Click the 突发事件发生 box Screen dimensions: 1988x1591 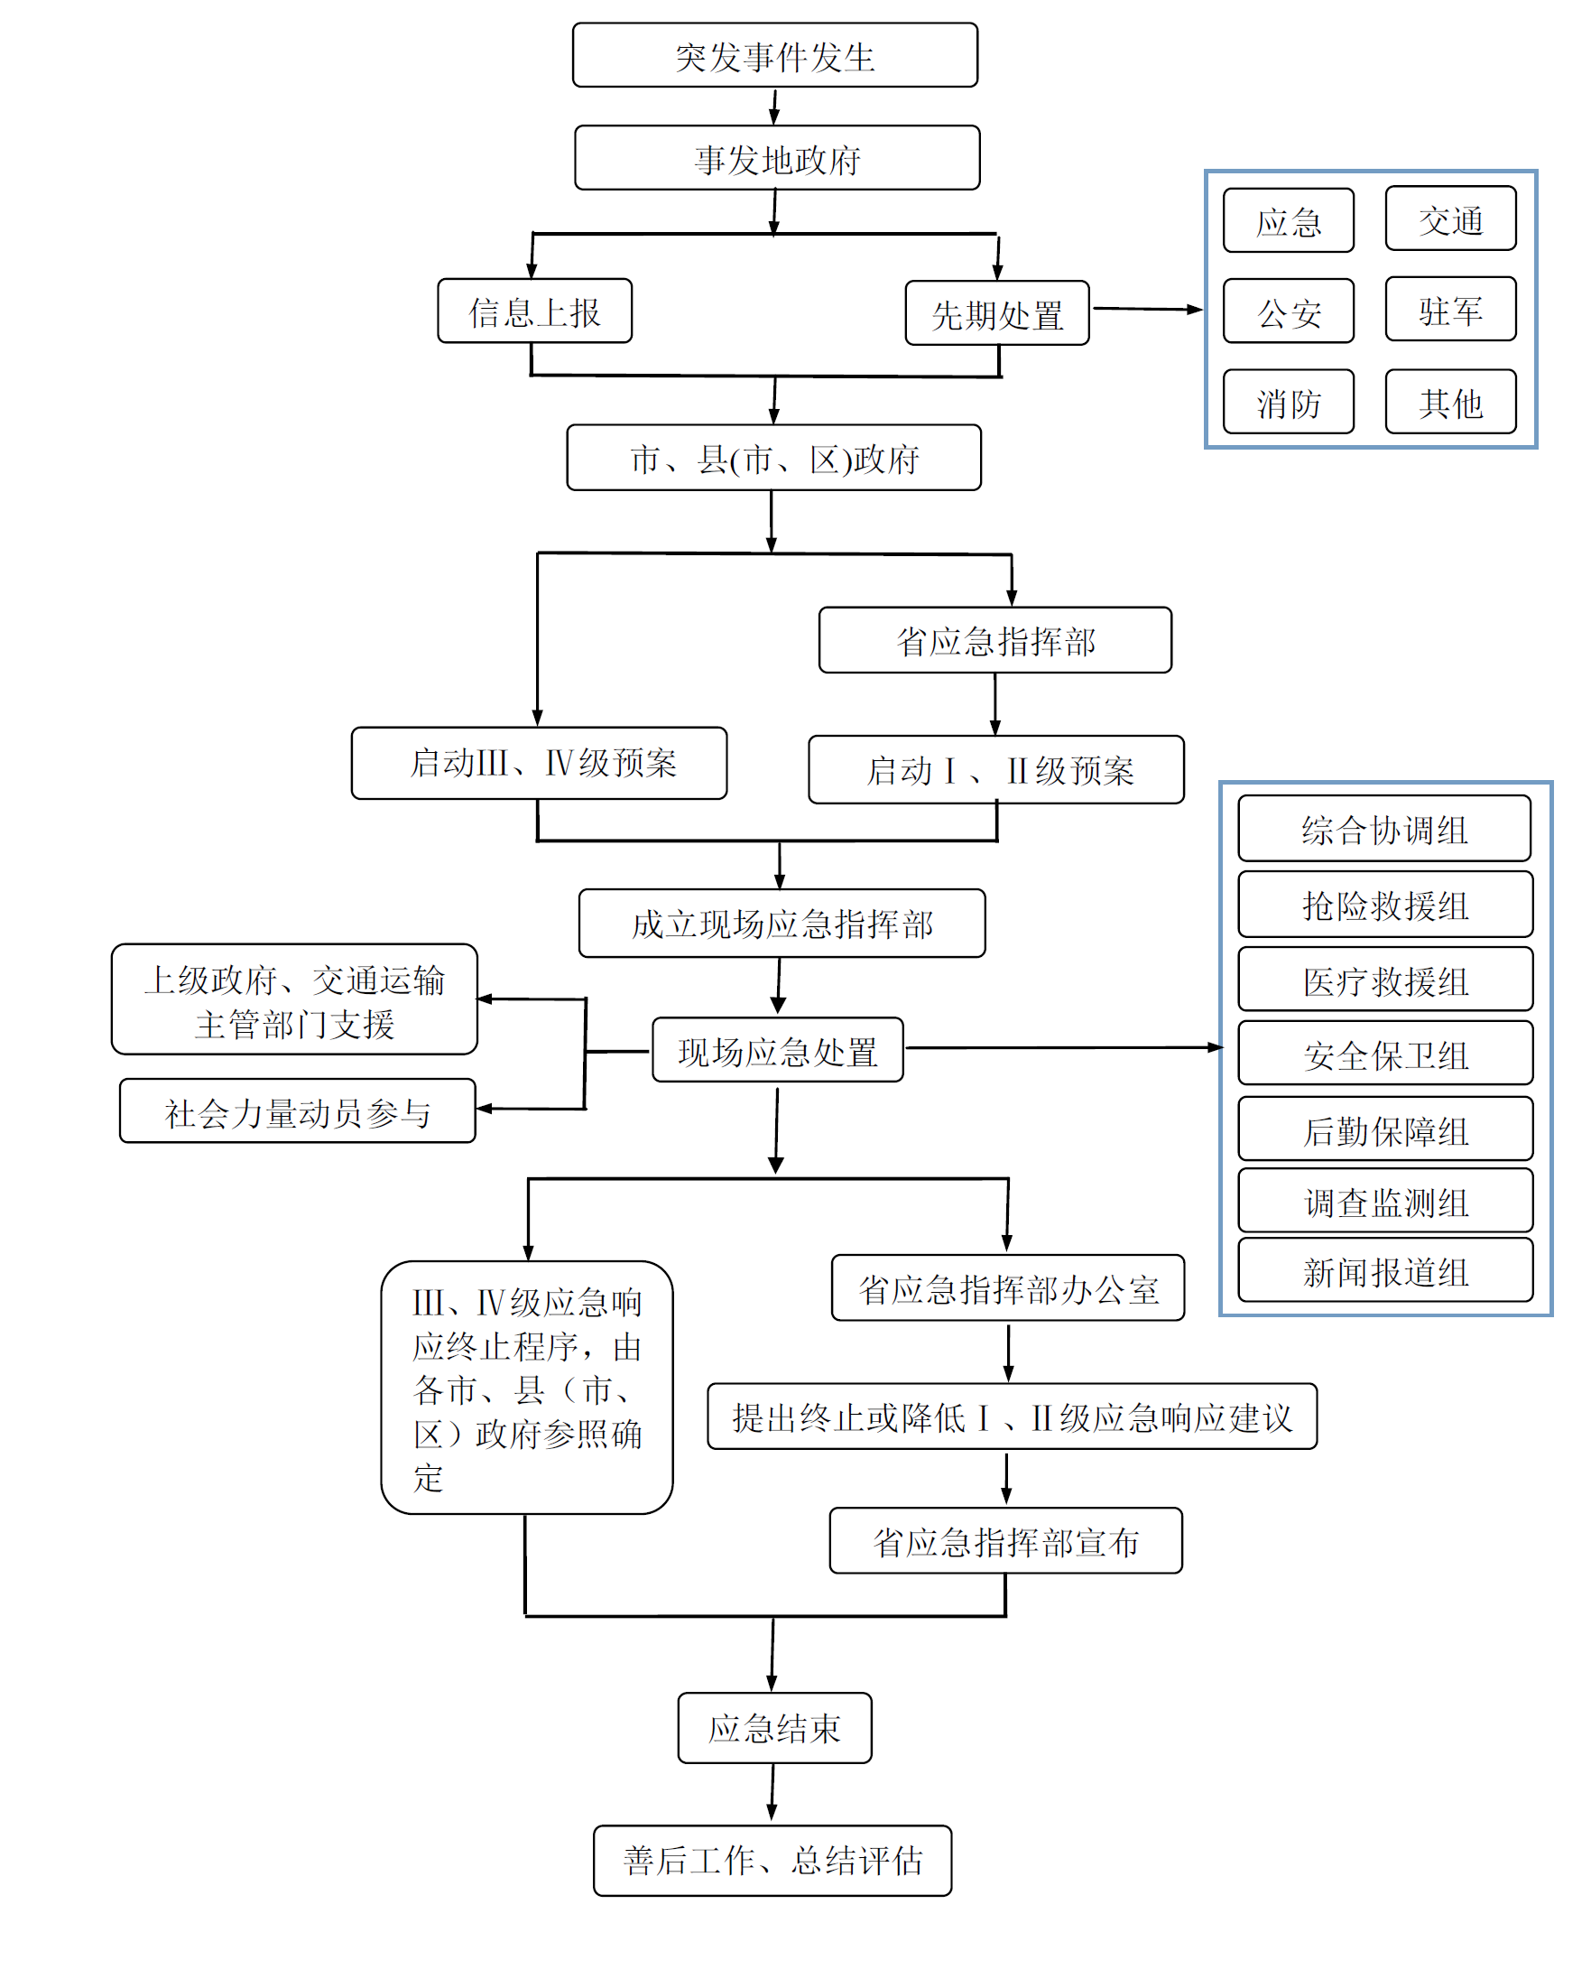tap(774, 55)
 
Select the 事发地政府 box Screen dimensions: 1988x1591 tap(776, 158)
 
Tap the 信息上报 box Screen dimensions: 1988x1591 tap(534, 311)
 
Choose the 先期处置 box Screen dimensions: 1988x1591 tap(996, 313)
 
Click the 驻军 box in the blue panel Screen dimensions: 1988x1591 tap(1450, 310)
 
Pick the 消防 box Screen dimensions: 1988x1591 tap(1288, 402)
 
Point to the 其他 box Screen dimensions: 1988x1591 tap(1450, 402)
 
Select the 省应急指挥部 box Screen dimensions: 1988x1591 tap(994, 640)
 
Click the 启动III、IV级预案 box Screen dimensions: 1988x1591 tap(540, 763)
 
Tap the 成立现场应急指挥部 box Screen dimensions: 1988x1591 tap(782, 923)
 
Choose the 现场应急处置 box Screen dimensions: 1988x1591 tap(777, 1050)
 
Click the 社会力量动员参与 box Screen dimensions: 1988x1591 tap(297, 1111)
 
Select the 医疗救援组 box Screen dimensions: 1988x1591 tap(1384, 980)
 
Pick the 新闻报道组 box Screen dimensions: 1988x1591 tap(1384, 1270)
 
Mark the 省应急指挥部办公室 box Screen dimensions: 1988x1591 tap(1007, 1288)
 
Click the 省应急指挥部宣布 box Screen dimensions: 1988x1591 tap(1005, 1541)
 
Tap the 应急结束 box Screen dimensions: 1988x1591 tap(774, 1728)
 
